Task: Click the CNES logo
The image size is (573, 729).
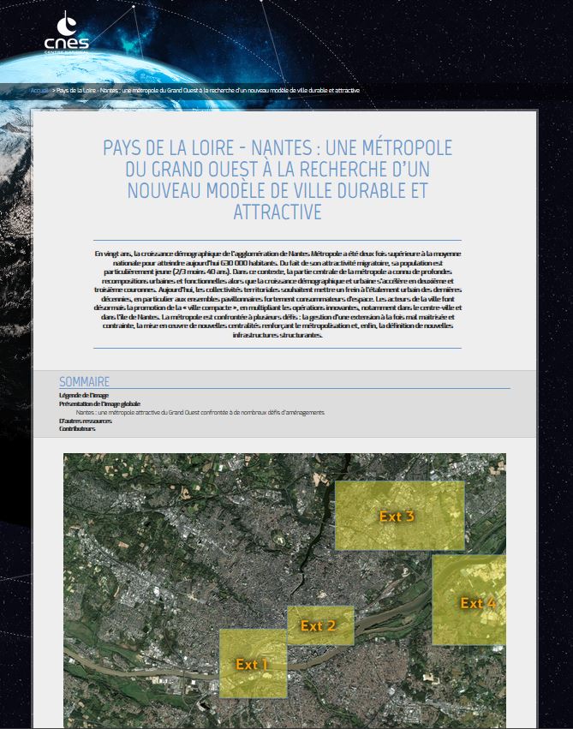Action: [66, 34]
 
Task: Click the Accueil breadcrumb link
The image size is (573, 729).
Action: [39, 90]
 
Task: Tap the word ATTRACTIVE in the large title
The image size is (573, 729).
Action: [277, 212]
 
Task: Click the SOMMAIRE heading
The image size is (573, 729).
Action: [84, 381]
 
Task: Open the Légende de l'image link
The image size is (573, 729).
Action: [84, 396]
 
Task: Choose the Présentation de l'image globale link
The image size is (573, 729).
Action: [99, 403]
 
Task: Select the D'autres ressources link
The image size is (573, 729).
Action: [85, 421]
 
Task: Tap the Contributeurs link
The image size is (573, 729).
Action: [77, 428]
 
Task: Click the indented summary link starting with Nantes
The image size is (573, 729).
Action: [200, 412]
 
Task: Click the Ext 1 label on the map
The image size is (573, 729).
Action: [253, 664]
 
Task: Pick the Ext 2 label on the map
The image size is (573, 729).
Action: [318, 626]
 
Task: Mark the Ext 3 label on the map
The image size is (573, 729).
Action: [397, 517]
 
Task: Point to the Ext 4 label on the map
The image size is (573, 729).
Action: [477, 603]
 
